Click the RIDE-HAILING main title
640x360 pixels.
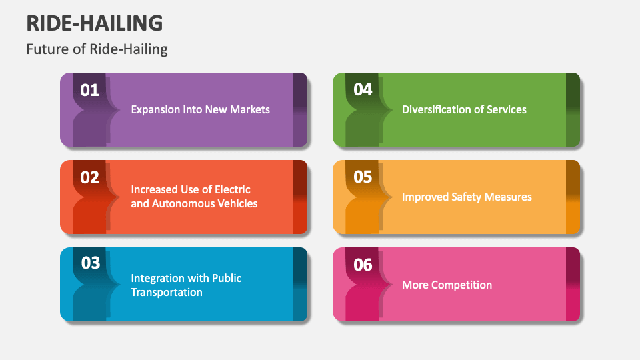pos(94,23)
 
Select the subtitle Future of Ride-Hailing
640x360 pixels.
pos(97,49)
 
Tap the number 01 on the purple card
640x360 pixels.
pos(89,90)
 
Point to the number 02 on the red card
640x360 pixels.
pos(89,177)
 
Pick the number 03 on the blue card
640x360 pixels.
pos(91,263)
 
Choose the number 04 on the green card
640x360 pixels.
pos(363,90)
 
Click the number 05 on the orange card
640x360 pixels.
pos(363,177)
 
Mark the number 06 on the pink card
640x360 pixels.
pos(363,265)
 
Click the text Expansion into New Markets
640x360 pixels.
pos(200,109)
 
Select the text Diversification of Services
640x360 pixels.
pos(464,109)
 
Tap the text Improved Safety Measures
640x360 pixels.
pos(467,197)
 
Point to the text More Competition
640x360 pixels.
pos(447,285)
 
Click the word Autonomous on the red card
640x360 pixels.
pos(182,204)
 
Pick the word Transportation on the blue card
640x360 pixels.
pos(167,292)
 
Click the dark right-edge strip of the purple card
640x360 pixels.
pos(300,109)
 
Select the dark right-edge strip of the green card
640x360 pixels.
pos(573,109)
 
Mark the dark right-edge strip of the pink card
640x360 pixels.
pos(573,285)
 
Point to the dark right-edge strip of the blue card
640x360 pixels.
pos(300,285)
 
